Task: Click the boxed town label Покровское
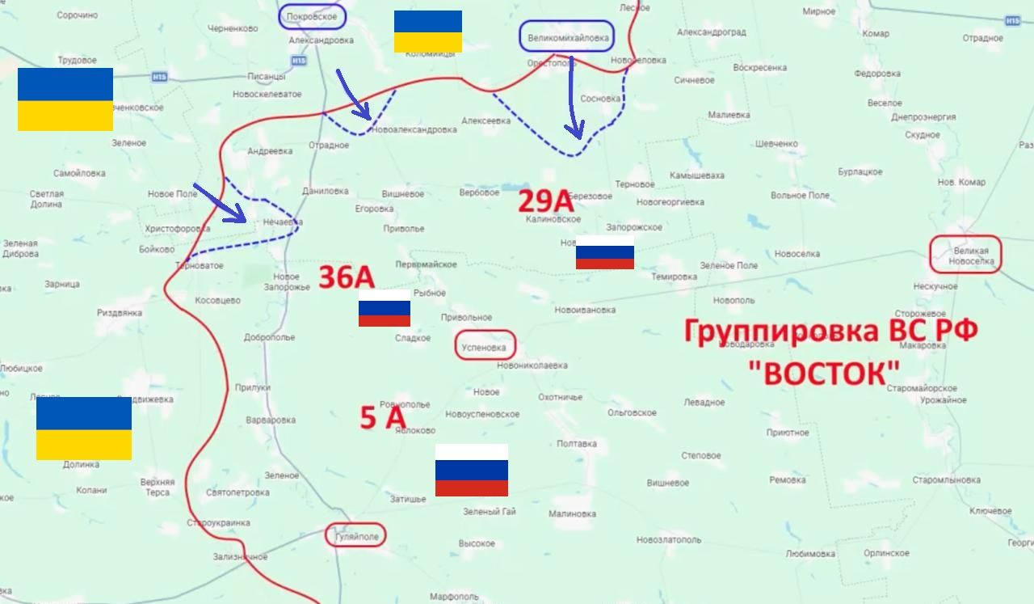[313, 16]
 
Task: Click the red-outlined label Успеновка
[485, 348]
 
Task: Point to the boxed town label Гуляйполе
[355, 535]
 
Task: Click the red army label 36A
[347, 277]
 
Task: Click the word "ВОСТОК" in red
[825, 374]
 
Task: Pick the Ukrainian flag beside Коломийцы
[428, 32]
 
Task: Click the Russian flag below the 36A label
[385, 313]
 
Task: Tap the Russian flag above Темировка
[605, 257]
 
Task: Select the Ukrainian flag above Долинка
[84, 429]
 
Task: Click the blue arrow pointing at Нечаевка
[220, 203]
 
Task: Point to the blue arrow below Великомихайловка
[573, 97]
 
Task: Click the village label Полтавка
[577, 444]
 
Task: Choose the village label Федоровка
[877, 74]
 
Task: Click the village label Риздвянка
[120, 313]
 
